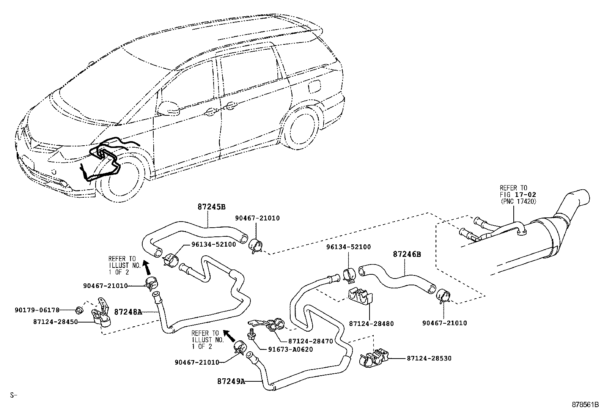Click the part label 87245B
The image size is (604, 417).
coord(211,207)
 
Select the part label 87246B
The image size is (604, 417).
coord(407,254)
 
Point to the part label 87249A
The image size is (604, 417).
coord(231,381)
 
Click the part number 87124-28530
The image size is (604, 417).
coord(429,358)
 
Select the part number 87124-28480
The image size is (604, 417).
coord(371,324)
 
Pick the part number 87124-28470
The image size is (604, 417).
coord(310,341)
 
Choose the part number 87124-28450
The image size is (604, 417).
coord(55,321)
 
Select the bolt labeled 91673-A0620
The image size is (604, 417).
coord(251,335)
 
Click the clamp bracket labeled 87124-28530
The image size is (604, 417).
coord(373,359)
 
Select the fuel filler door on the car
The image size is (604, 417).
coord(315,87)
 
